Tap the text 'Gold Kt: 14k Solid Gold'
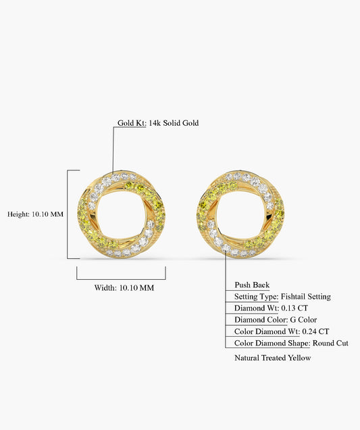pos(158,123)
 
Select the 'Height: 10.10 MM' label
pos(35,214)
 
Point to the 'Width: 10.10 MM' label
pos(124,287)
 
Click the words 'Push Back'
pos(252,285)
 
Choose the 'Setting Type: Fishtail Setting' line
pos(282,296)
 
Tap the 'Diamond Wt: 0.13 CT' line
pos(271,308)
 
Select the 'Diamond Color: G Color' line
pos(276,320)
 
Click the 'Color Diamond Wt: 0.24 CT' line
pos(282,331)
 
